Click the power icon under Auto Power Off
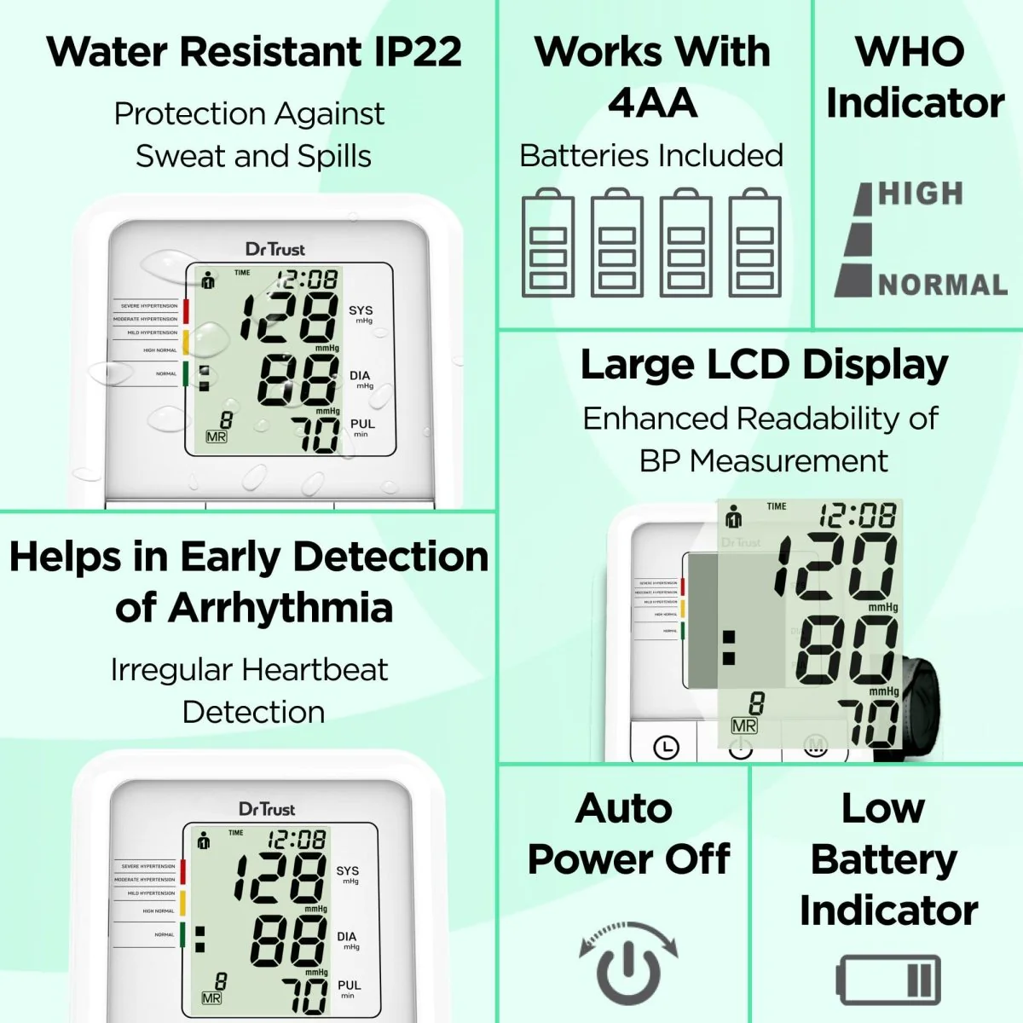(x=627, y=964)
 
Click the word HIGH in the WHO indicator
(x=921, y=194)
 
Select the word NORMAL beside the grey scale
(x=943, y=285)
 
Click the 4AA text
(x=652, y=104)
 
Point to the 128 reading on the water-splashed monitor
(x=288, y=317)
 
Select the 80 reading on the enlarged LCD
(x=846, y=649)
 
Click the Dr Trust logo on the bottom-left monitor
(x=267, y=809)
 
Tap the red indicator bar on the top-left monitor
(x=186, y=311)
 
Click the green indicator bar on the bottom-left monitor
(x=182, y=934)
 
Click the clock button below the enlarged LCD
(x=665, y=748)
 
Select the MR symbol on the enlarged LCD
(x=744, y=725)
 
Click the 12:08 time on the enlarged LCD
(x=858, y=515)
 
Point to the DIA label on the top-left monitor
(x=360, y=376)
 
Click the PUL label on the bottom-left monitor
(x=350, y=985)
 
